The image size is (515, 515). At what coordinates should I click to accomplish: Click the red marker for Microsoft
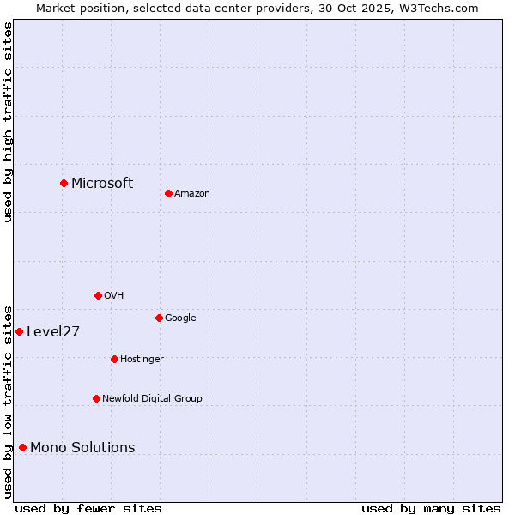pos(64,183)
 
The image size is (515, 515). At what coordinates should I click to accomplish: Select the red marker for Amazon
pos(168,193)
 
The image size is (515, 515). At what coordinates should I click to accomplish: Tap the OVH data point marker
pos(98,295)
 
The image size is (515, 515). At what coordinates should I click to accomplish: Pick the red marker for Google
pos(159,318)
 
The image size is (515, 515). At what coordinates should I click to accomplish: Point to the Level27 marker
pos(19,331)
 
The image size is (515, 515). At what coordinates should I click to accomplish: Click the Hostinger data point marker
pos(114,359)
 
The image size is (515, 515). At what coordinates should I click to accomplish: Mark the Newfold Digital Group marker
pos(96,398)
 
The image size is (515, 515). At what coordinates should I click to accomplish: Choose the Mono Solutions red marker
pos(22,447)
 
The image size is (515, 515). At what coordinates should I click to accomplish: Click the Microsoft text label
pos(102,183)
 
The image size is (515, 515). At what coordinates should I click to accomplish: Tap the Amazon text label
pos(192,193)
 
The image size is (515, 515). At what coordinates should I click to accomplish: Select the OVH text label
pos(114,295)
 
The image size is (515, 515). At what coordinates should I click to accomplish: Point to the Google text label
pos(180,318)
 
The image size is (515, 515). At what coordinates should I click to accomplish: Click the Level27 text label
pos(53,332)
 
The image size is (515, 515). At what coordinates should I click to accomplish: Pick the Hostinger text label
pos(142,359)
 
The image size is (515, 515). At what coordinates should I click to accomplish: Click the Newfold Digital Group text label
pos(152,398)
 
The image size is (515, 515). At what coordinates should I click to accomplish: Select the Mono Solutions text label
pos(82,447)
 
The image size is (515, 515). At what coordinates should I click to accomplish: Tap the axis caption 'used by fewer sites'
pos(88,508)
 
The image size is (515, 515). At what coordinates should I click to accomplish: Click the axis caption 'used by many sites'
pos(431,508)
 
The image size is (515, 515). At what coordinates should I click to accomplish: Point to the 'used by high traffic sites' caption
pos(8,122)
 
